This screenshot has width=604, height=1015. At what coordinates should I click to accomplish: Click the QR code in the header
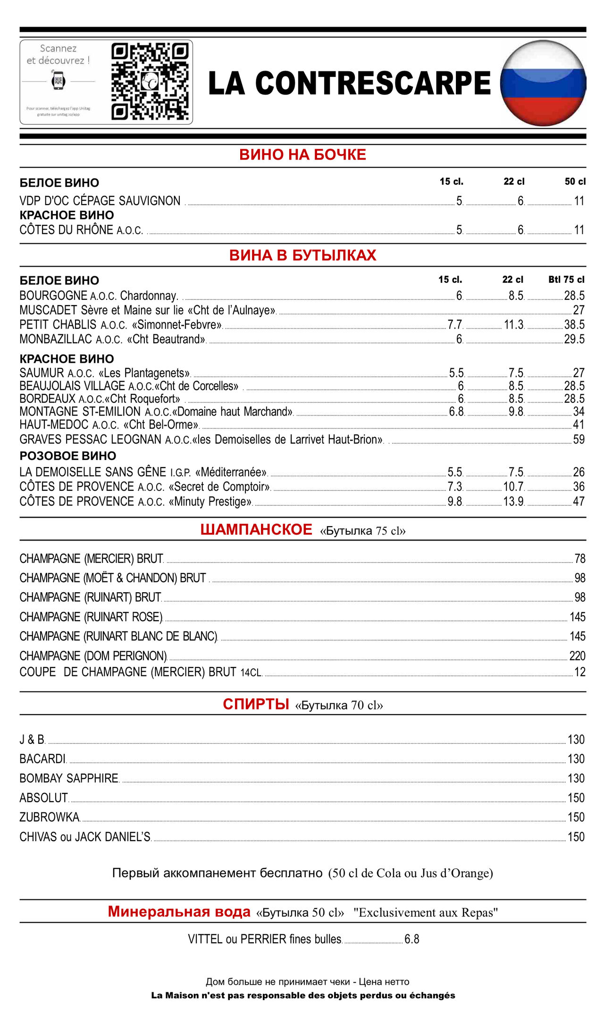coord(150,82)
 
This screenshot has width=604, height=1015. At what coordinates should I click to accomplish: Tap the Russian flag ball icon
coord(543,83)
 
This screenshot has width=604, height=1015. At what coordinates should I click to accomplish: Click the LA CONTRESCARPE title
coord(349,83)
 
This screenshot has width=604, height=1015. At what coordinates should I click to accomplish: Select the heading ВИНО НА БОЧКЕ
coord(302,155)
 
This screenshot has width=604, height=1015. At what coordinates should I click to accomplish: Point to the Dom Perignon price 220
coord(577,656)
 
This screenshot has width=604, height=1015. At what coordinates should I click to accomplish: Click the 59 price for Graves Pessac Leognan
coord(579,439)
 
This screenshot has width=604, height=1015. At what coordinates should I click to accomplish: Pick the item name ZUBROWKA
coord(50,817)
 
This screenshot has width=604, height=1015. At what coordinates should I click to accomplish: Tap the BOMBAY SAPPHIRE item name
coord(69,778)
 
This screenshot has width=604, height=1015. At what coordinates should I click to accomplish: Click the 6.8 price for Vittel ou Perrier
coord(411,939)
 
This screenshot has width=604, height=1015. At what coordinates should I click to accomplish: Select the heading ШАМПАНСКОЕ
coord(256,529)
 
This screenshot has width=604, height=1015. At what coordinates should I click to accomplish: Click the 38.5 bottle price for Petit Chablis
coord(574,324)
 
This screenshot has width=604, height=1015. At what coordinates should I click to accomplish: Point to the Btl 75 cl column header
coord(566,280)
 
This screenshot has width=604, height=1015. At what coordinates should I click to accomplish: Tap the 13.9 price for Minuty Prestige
coord(513,501)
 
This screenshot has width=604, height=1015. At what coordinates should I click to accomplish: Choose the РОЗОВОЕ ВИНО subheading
coord(68,456)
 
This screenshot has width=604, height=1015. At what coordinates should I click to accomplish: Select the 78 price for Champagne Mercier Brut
coord(579,559)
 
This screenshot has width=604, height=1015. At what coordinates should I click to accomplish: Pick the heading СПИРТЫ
coord(256,704)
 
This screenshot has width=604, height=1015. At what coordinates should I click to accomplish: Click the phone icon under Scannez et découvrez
coord(58,80)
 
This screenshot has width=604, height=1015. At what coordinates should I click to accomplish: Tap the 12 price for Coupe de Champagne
coord(579,672)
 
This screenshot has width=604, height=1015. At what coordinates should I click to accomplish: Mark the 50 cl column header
coord(575,182)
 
